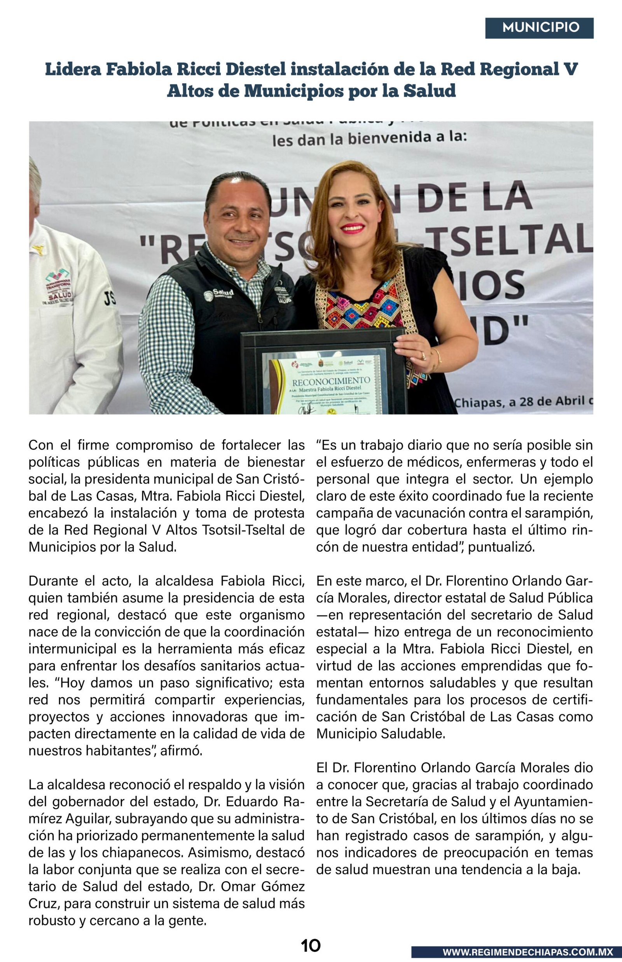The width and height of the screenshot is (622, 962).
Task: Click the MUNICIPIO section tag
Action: click(540, 28)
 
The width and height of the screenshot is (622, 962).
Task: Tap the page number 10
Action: click(311, 945)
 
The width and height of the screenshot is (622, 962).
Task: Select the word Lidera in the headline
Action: click(73, 69)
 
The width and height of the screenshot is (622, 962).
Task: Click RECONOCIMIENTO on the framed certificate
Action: click(331, 380)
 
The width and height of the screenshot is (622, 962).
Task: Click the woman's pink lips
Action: click(353, 228)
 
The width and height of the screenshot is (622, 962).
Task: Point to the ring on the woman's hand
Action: click(423, 356)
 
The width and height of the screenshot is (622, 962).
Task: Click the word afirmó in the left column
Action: click(181, 751)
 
